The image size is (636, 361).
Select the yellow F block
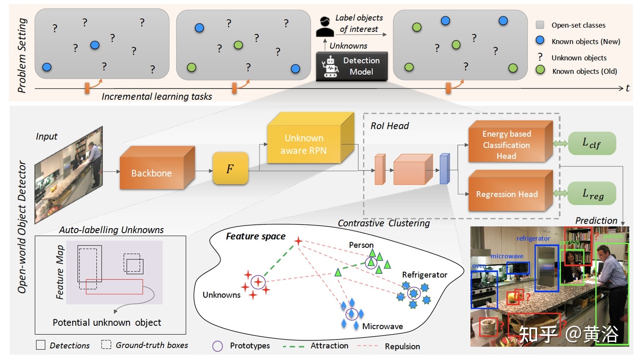point(230,169)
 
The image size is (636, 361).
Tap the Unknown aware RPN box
point(304,144)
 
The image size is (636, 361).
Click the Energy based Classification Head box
point(507,145)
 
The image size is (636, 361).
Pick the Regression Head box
point(507,194)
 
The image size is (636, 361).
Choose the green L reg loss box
point(592,194)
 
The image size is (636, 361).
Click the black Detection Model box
point(352,66)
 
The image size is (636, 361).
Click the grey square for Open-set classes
point(540,25)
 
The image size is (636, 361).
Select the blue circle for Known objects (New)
point(540,40)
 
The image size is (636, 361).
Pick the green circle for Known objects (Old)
point(540,70)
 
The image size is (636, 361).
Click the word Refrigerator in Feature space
point(425,275)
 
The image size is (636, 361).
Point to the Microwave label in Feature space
point(383,326)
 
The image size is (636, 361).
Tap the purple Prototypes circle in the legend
point(217,346)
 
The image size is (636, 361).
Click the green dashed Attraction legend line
point(293,346)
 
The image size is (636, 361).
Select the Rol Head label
point(389,126)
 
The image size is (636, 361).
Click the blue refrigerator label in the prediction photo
point(533,239)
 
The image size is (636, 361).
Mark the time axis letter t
point(628,88)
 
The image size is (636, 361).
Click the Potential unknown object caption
point(107,322)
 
